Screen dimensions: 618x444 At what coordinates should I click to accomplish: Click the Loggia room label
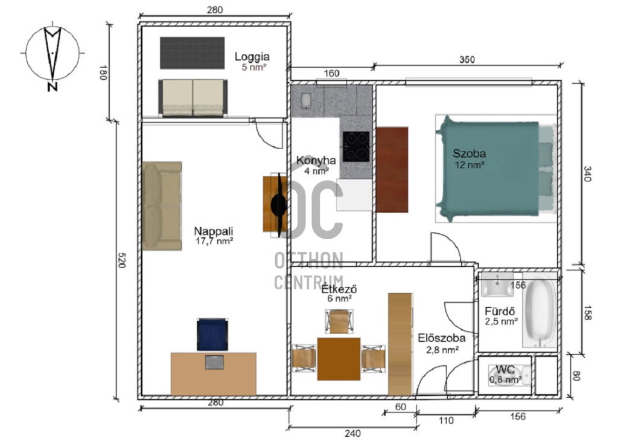click(252, 57)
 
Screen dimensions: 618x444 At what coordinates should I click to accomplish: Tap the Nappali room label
click(214, 231)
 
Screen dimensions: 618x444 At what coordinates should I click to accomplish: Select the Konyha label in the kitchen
click(316, 161)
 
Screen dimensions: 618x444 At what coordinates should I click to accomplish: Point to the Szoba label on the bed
click(469, 153)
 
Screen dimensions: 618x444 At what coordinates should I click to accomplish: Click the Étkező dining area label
click(339, 289)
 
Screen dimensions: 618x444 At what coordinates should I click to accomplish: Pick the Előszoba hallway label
click(442, 338)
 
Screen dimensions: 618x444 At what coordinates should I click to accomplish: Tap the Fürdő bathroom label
click(500, 311)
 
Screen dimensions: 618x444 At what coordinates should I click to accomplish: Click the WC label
click(505, 370)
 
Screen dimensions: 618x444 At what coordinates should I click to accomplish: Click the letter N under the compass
click(53, 86)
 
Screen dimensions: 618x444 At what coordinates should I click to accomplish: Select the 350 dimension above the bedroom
click(467, 60)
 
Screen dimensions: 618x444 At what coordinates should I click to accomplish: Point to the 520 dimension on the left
click(122, 260)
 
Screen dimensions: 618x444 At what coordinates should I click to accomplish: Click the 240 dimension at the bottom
click(352, 433)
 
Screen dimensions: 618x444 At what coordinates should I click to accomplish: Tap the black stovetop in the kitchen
click(356, 146)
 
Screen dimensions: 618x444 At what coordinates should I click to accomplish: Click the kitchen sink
click(306, 101)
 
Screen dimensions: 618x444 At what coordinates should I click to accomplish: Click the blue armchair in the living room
click(212, 334)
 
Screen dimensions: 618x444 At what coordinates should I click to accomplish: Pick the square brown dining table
click(339, 359)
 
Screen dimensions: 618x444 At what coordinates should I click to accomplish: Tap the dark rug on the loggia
click(193, 53)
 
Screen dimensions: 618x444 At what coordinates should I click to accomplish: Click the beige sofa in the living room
click(162, 205)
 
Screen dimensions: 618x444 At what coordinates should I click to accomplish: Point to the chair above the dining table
click(339, 321)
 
